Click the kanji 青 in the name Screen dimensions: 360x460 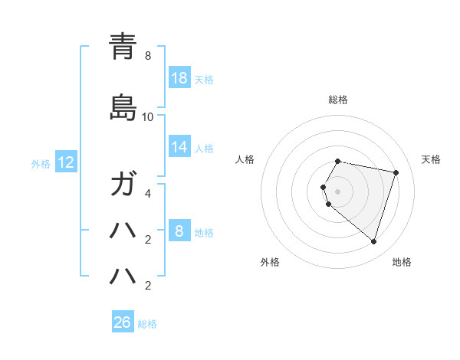123,46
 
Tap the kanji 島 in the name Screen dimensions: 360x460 123,107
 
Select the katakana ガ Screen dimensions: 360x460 123,185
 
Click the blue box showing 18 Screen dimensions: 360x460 179,78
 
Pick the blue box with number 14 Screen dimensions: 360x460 179,147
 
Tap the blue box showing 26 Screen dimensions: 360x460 123,322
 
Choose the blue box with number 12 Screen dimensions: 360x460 66,162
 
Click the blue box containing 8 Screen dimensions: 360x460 179,231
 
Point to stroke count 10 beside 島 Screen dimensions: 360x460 147,117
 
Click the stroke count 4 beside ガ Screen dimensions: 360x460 147,194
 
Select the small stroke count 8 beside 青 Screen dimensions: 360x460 147,56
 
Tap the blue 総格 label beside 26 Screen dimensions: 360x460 147,324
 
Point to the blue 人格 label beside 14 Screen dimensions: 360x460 204,148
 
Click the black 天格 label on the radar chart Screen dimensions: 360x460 431,159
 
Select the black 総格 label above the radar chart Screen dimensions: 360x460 338,100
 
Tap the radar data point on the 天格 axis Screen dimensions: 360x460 396,172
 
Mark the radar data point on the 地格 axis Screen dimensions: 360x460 373,241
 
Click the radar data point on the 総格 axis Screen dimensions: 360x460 338,161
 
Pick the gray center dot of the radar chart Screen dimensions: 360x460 338,191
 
